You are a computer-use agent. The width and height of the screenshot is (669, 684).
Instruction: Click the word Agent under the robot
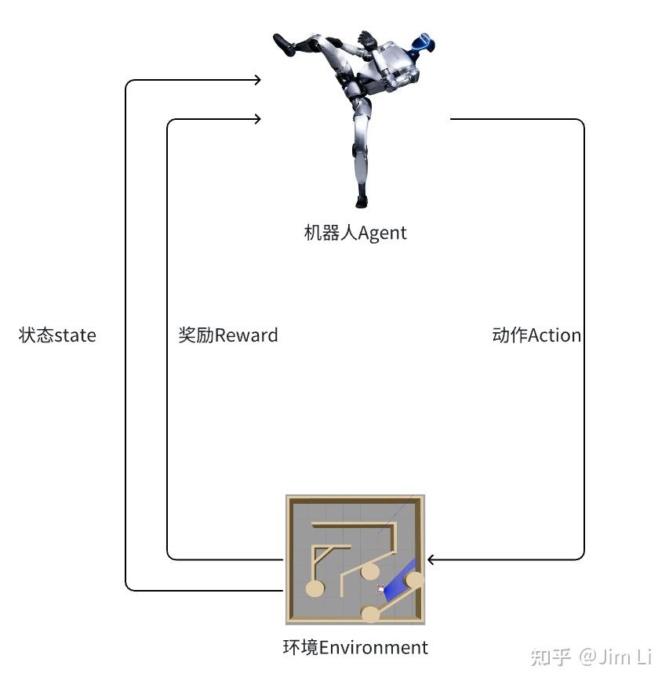click(x=382, y=233)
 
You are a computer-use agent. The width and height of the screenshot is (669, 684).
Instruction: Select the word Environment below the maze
click(x=373, y=647)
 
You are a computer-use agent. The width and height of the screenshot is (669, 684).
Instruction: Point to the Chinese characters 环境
click(x=301, y=647)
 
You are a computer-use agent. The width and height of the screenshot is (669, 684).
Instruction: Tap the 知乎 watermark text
click(x=551, y=657)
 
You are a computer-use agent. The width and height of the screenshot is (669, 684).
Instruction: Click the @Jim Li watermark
click(x=616, y=657)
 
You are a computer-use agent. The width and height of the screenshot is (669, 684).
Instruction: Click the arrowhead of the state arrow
click(x=258, y=80)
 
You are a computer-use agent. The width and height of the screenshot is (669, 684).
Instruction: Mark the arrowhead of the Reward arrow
click(x=258, y=118)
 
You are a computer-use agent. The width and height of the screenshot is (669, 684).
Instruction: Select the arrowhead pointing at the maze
click(x=430, y=559)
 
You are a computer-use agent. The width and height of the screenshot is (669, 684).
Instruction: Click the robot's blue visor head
click(x=424, y=43)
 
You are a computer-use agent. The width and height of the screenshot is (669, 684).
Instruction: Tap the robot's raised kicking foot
click(x=284, y=44)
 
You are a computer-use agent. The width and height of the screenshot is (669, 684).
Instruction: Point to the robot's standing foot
click(x=362, y=201)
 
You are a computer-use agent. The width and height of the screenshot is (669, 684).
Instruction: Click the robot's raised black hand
click(x=368, y=38)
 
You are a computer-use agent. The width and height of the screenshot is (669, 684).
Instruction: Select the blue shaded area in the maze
click(x=399, y=579)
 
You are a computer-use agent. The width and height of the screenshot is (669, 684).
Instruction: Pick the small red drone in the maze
click(x=380, y=589)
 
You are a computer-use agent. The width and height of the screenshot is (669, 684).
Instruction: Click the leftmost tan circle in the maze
click(x=315, y=588)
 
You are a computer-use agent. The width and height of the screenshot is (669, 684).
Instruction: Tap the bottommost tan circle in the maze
click(x=371, y=614)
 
